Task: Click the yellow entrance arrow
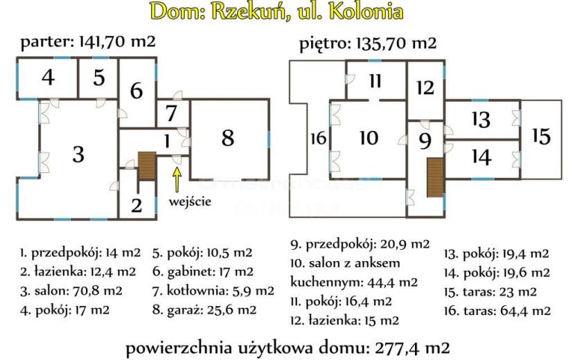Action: coord(177,179)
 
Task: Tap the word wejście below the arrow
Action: coord(190,201)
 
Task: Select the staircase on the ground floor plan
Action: coord(147,166)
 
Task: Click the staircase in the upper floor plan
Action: coord(436,177)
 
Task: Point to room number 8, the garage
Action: coord(228,138)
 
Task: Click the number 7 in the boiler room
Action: coord(171,113)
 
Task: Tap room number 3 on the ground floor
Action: coord(78,154)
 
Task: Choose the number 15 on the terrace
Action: coord(541,136)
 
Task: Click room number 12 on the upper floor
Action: coord(425,88)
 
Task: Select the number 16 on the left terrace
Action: coord(318,138)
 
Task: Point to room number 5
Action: coord(98,78)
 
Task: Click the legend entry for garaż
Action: coord(204,310)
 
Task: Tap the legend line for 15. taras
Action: coord(490,292)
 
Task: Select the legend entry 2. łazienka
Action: coord(78,271)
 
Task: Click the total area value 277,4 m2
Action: coord(412,348)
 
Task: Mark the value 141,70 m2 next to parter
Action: coord(117,42)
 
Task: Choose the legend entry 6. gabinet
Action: coord(203,271)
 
